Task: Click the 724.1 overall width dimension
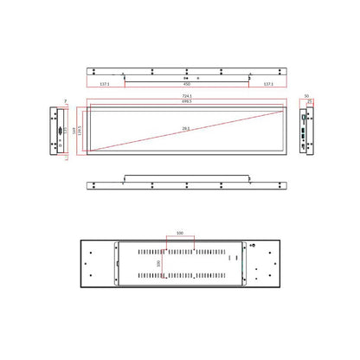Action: [186, 96]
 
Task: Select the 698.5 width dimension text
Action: [186, 102]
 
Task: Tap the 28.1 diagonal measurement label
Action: [186, 129]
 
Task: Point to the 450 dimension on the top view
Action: [186, 85]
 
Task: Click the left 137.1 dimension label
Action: [105, 85]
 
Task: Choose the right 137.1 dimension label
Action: [267, 85]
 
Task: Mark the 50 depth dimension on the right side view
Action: [306, 96]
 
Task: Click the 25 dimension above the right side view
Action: [310, 101]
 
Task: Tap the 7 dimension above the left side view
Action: [64, 101]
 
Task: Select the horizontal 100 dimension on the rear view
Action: [180, 233]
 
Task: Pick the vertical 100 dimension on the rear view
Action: [158, 263]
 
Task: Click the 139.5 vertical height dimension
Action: [80, 131]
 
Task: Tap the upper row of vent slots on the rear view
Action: [180, 251]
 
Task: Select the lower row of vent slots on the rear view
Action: [180, 276]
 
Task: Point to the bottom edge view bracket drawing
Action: [186, 183]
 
